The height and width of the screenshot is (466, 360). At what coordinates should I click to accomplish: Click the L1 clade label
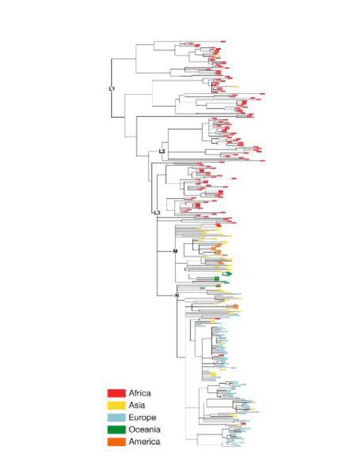112,89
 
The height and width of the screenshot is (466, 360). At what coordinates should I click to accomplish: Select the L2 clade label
162,152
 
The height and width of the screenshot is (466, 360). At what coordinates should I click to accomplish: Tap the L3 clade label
156,212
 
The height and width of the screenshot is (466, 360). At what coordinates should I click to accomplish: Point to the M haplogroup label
175,252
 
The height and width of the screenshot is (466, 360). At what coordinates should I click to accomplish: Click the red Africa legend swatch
116,393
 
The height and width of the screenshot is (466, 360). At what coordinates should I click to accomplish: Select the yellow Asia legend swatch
116,405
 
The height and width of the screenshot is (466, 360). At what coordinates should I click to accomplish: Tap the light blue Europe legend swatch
116,417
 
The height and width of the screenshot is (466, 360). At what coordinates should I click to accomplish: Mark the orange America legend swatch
116,441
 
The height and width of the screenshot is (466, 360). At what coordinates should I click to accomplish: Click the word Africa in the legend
140,393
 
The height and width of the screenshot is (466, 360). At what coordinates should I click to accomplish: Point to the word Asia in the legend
138,405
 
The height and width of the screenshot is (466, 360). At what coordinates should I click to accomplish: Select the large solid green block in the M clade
217,278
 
